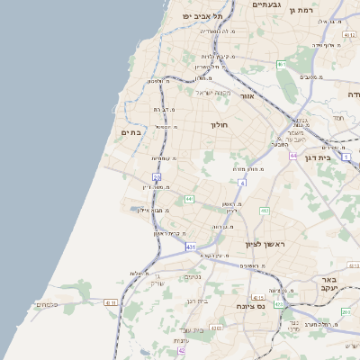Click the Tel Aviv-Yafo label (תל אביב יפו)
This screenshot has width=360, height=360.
pos(193,16)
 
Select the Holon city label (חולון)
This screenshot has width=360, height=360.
pos(220,126)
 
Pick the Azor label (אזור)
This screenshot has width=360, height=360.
pos(247,95)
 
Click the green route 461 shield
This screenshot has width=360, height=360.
pos(282,64)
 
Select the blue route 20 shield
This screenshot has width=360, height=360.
pos(156,176)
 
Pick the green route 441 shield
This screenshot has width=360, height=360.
pos(189,198)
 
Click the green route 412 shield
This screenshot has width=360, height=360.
pos(264,211)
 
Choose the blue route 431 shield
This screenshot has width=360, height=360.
pos(190,246)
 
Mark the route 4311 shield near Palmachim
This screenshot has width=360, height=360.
pos(111,303)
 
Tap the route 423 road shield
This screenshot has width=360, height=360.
pos(278,304)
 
